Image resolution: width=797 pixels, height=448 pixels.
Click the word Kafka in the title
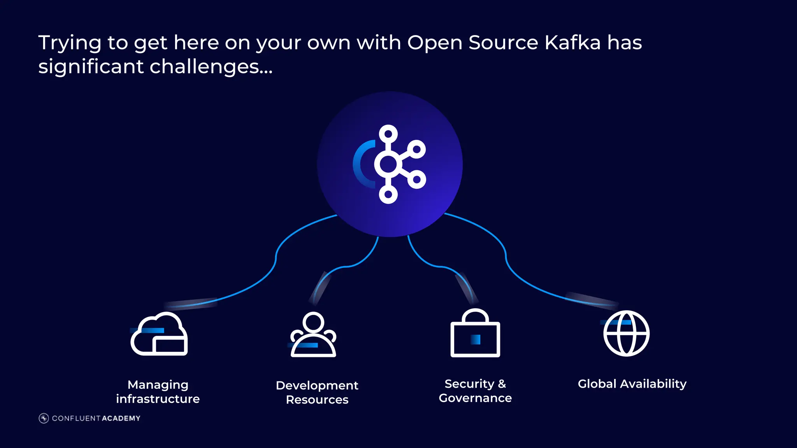point(572,42)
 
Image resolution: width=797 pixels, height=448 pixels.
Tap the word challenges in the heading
point(205,67)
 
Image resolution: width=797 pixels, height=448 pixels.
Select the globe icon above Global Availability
point(626,333)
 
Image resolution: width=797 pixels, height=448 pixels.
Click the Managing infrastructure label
point(158,392)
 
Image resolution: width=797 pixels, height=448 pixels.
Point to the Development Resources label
point(317,392)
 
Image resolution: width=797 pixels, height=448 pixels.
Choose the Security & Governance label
point(475,391)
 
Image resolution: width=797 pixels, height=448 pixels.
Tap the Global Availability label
point(632,384)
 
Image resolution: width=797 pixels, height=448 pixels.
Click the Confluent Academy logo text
point(96,418)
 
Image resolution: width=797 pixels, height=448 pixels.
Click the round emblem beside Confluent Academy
point(44,418)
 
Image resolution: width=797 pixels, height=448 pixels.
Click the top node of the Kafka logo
point(388,134)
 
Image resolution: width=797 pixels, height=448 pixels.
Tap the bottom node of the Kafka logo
point(388,194)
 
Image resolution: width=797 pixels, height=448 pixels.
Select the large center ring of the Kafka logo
point(388,164)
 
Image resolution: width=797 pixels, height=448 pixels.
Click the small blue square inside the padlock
point(476,339)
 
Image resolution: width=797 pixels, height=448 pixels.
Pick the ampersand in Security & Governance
point(502,384)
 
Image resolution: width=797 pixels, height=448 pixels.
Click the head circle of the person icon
point(313,322)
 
